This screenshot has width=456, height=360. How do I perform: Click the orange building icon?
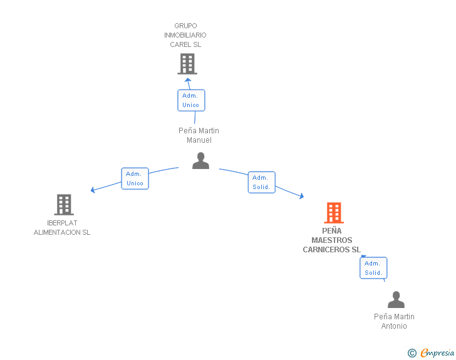pos(334,213)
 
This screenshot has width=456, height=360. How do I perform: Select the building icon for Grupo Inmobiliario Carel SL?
pos(187,64)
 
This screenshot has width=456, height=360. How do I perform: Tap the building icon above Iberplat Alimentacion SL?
pos(64,205)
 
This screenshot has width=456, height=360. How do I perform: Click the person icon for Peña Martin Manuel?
pos(200,160)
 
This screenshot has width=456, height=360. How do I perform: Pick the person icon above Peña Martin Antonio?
pos(396,299)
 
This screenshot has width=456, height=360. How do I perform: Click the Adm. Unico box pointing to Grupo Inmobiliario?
pos(192,100)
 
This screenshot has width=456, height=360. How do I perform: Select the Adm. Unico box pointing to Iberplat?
pos(135,178)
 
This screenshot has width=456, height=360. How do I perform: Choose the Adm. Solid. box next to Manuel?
pos(262,182)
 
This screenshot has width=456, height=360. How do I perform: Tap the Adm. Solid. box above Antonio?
pos(373,268)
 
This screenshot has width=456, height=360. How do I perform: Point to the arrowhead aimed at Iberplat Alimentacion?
pos(93,190)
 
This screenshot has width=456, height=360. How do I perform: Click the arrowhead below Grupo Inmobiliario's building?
pos(188,80)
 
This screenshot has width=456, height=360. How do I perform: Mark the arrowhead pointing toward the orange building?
pos(302,196)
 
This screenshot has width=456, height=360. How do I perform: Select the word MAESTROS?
pos(332,240)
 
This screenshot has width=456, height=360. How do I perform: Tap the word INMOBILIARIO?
pos(185,35)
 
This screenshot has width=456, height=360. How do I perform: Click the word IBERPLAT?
pos(62,223)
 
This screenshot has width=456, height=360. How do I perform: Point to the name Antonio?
pos(394,326)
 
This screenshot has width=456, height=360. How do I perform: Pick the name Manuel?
pos(199,140)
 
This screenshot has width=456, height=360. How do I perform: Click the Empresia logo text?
pos(437,352)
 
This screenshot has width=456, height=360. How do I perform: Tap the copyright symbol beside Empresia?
pos(412,353)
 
